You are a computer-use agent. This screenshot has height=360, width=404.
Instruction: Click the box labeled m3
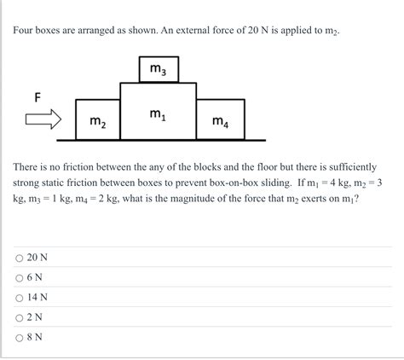pyautogui.click(x=159, y=68)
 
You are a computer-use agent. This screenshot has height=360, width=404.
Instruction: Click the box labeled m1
pyautogui.click(x=158, y=112)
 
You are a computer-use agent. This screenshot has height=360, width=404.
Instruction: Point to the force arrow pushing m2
pyautogui.click(x=42, y=119)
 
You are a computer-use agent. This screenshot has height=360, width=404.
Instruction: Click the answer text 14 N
pyautogui.click(x=38, y=297)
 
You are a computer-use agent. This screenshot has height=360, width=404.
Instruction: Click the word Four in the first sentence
pyautogui.click(x=25, y=31)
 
